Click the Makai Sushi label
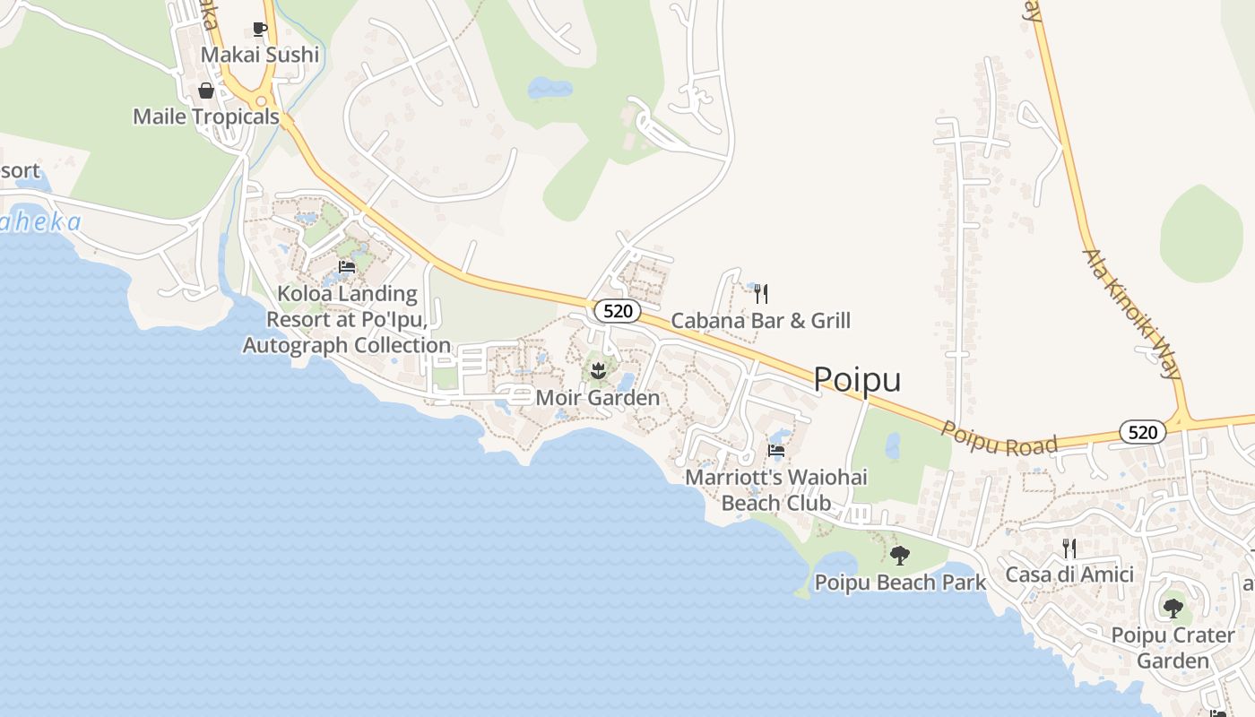point(259,55)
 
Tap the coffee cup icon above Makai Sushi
point(260,30)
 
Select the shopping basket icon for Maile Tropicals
point(206,91)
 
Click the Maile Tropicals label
point(206,117)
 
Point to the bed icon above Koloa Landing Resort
point(347,267)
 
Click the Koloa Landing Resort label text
point(347,319)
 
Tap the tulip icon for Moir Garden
point(598,370)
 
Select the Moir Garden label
point(597,397)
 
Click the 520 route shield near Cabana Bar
point(618,311)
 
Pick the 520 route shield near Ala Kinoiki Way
point(1142,433)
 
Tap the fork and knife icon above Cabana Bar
point(760,293)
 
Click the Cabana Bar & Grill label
point(760,320)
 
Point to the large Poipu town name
point(857,380)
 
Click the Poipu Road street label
point(1000,439)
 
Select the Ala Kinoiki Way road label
point(1134,314)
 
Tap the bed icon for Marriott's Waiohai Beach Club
point(776,451)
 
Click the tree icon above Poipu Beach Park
point(900,556)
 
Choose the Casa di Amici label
point(1069,574)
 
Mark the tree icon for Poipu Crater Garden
point(1173,609)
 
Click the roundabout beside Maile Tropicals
point(263,101)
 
